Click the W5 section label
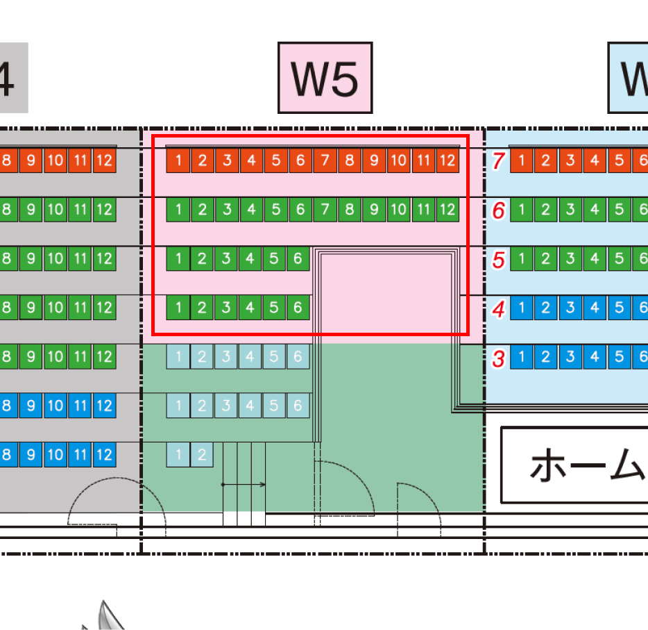tap(325, 78)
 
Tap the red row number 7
tap(497, 161)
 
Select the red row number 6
tap(497, 210)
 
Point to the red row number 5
tap(497, 259)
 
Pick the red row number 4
tap(497, 308)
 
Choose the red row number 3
tap(497, 358)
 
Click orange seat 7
tap(325, 161)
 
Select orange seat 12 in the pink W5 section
tap(447, 161)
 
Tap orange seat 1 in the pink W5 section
tap(178, 161)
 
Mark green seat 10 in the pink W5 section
tap(398, 209)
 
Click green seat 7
tap(325, 209)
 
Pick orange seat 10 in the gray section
tap(56, 161)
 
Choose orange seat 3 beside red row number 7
tap(570, 161)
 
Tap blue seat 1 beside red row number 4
tap(522, 308)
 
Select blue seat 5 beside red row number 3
tap(619, 357)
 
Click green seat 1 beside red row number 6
tap(522, 210)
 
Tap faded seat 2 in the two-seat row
tap(202, 455)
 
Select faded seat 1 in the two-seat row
tap(178, 455)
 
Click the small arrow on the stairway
tap(244, 484)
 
